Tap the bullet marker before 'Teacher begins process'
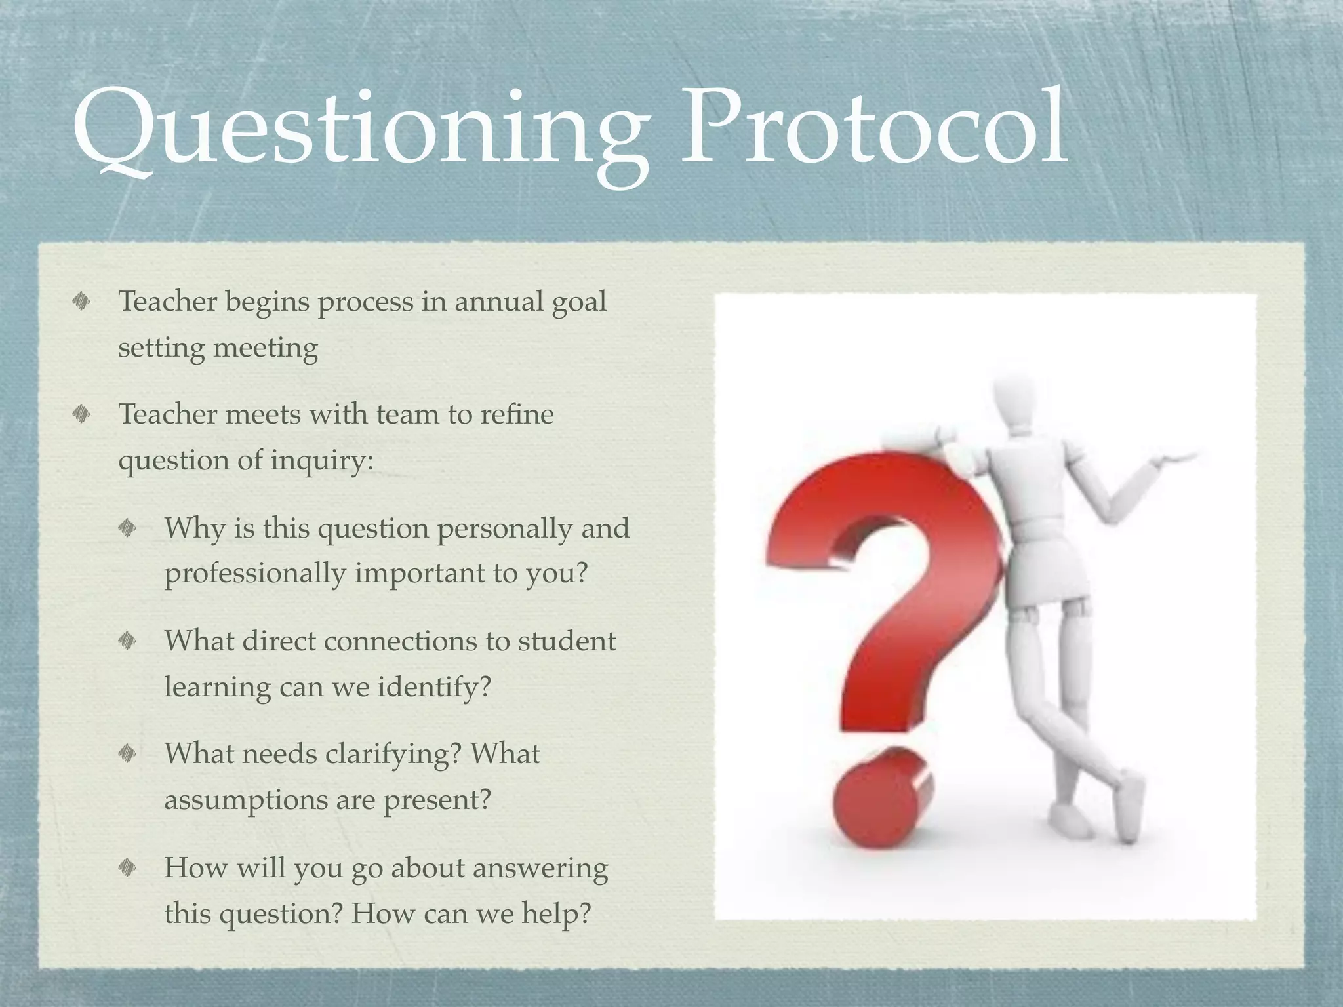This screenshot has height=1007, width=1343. [x=81, y=302]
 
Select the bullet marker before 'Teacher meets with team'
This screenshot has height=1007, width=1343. [x=81, y=414]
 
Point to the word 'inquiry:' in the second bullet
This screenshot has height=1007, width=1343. [x=322, y=461]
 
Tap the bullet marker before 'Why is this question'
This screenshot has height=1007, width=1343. [x=127, y=528]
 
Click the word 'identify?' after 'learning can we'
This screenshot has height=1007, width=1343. [x=433, y=687]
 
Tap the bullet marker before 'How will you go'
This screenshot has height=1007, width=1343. [x=127, y=868]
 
